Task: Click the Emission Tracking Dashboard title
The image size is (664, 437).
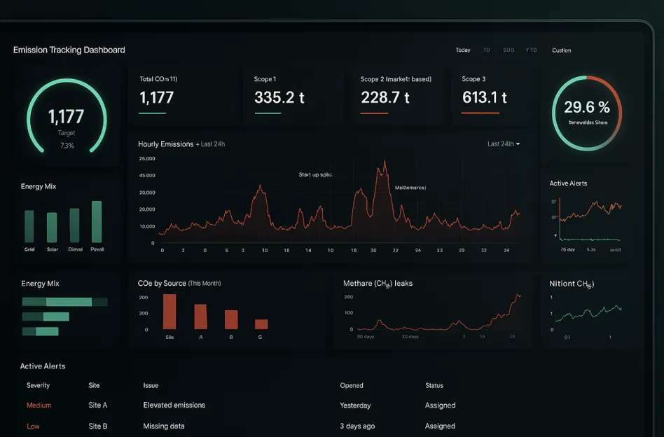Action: [x=69, y=50]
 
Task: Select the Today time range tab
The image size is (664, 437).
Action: [x=463, y=50]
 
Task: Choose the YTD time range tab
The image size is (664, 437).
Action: [x=531, y=50]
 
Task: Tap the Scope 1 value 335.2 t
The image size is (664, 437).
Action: [x=279, y=97]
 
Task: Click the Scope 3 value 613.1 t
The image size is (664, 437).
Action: [x=484, y=97]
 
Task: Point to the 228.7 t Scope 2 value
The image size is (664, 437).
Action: [x=385, y=97]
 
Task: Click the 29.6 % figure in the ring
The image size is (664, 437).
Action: [x=586, y=107]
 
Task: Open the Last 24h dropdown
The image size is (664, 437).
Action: [x=504, y=144]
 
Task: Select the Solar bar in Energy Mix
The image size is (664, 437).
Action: [x=52, y=228]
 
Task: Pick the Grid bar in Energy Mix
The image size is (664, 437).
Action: [x=29, y=226]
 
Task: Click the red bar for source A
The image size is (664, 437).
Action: [x=200, y=317]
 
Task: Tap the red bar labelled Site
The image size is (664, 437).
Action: [x=170, y=312]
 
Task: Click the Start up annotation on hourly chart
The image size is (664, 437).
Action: [x=315, y=174]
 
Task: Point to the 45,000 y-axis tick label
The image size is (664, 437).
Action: [x=147, y=176]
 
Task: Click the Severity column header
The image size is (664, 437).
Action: [x=38, y=385]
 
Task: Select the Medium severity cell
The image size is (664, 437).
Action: [x=39, y=405]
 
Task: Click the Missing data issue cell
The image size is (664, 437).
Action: [x=164, y=426]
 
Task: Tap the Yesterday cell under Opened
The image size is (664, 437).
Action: [x=356, y=405]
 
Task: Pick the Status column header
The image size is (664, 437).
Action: [x=434, y=385]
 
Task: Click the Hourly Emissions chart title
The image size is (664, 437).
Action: [x=166, y=144]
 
